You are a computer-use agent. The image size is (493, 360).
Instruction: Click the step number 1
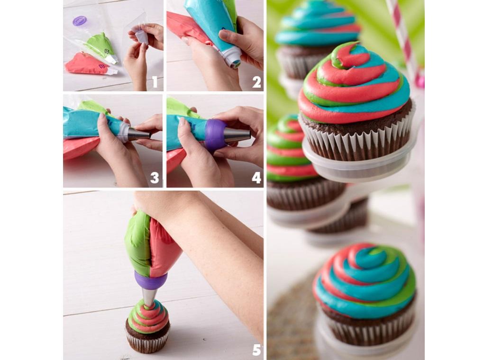(x=155, y=82)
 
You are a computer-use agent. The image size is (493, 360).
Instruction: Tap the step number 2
(x=256, y=82)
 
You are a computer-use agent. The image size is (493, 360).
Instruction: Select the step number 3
(x=155, y=178)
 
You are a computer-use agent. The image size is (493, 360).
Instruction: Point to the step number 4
(x=256, y=178)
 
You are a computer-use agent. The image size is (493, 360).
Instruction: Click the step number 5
(x=256, y=350)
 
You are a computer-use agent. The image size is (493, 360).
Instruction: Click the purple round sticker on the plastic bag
(x=80, y=21)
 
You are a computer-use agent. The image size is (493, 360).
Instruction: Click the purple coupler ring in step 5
(x=151, y=281)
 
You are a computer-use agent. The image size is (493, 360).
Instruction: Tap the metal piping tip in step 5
(x=149, y=297)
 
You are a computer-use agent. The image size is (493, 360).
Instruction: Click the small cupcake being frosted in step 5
(x=148, y=327)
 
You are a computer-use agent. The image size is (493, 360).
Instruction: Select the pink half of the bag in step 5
(x=164, y=246)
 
